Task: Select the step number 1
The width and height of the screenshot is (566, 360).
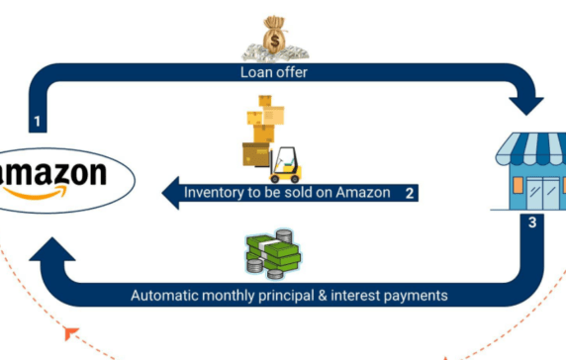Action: tap(37, 124)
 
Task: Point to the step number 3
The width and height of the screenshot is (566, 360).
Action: tap(532, 223)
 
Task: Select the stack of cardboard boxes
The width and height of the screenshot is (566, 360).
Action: tap(262, 125)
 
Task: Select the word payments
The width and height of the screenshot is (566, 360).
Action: tap(417, 295)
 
